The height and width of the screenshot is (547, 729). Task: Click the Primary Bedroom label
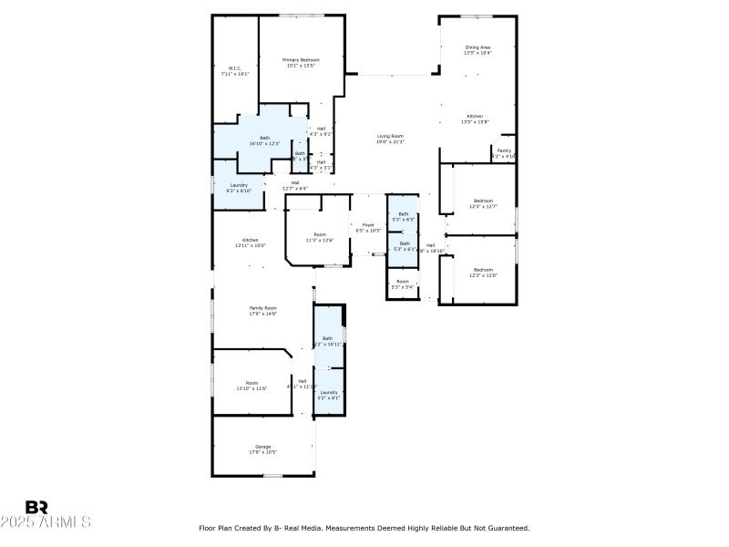click(303, 60)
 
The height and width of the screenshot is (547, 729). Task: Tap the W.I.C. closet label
click(234, 68)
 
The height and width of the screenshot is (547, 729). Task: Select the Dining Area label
click(477, 47)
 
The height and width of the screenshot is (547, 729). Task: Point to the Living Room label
click(390, 136)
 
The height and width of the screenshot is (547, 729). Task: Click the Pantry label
click(504, 151)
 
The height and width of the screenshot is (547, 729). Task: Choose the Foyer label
click(368, 224)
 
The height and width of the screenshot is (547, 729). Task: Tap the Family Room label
click(263, 308)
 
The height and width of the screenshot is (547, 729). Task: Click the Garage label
click(262, 447)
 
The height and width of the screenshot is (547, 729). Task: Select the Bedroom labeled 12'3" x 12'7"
click(483, 201)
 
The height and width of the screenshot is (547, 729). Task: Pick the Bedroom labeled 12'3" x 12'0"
click(483, 269)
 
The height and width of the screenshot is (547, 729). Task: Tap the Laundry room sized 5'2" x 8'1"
click(328, 392)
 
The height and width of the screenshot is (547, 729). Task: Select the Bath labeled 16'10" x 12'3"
click(264, 138)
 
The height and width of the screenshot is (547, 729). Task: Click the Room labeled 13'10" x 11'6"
click(252, 383)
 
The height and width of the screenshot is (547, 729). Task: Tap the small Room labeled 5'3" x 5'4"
click(403, 282)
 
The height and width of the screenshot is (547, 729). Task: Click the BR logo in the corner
click(36, 507)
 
